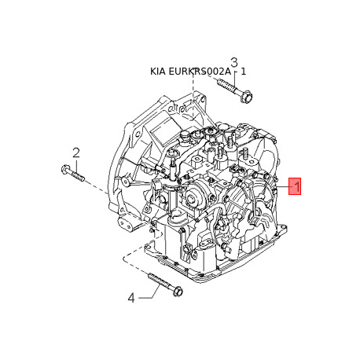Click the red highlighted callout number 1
pyautogui.click(x=295, y=186)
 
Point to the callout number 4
pyautogui.click(x=131, y=297)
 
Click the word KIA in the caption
pyautogui.click(x=159, y=72)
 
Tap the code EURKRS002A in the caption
pyautogui.click(x=201, y=72)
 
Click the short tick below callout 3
pyautogui.click(x=233, y=74)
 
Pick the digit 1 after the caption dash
pyautogui.click(x=244, y=72)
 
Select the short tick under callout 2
pyautogui.click(x=76, y=162)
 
